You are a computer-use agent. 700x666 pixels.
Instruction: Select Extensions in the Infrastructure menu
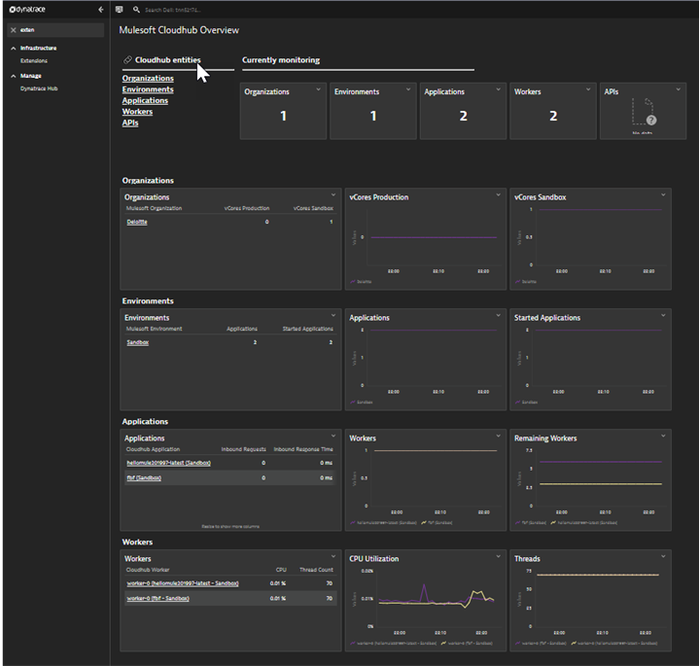click(x=34, y=60)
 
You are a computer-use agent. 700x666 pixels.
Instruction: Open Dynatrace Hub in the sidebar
click(x=39, y=88)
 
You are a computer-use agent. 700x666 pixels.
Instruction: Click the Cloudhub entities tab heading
click(x=167, y=60)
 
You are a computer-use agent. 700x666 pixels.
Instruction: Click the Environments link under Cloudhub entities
click(x=148, y=89)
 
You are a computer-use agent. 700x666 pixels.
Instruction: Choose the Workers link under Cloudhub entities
click(x=137, y=112)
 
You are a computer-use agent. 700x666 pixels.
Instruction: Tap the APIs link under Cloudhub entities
click(x=130, y=123)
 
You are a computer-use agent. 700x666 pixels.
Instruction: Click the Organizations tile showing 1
click(x=283, y=111)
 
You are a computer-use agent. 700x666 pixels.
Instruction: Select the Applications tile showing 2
click(x=463, y=111)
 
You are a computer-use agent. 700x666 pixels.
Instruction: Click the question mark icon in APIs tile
click(x=650, y=120)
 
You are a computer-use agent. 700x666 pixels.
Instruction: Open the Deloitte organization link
click(x=137, y=222)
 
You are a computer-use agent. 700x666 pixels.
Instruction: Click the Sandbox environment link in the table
click(x=137, y=342)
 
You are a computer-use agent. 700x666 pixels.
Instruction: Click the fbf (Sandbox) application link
click(x=144, y=478)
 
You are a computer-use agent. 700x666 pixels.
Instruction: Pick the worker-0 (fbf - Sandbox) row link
click(x=157, y=599)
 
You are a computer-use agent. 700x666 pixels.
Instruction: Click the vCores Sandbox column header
click(x=313, y=208)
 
